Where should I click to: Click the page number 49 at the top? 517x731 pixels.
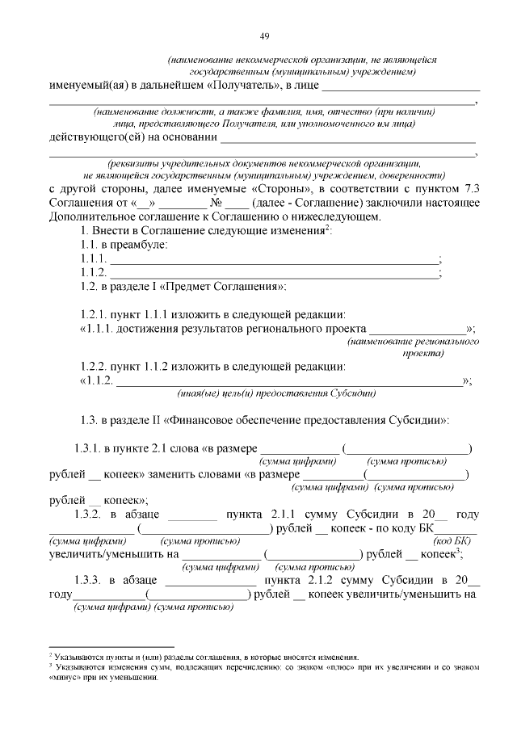(263, 36)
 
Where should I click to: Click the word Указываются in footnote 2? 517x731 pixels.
(78, 657)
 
